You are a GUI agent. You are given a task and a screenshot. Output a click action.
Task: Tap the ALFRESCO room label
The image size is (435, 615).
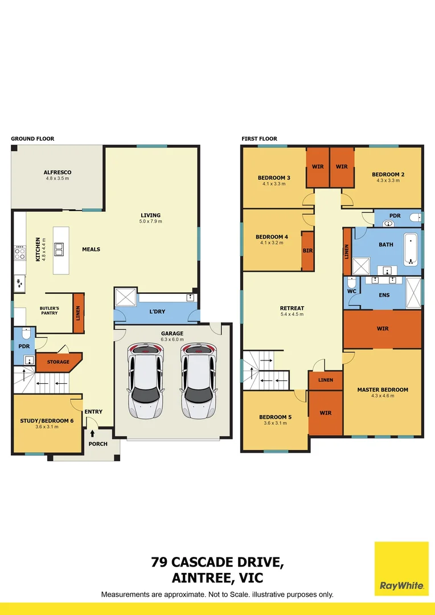pos(57,172)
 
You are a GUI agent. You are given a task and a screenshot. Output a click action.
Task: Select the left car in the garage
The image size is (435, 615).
pos(146,380)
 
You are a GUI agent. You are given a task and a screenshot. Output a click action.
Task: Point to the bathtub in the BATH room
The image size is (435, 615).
pos(411,249)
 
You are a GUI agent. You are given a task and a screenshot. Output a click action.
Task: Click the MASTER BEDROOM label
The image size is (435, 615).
pos(383,389)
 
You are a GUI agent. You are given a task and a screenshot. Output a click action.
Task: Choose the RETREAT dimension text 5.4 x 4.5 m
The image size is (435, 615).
pos(292,314)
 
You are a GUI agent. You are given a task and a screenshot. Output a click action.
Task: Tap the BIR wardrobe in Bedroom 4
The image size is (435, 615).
pos(308,251)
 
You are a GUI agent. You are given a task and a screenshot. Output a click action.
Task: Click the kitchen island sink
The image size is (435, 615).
pos(59,248)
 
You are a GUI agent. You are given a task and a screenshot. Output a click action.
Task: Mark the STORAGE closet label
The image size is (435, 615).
pos(58,362)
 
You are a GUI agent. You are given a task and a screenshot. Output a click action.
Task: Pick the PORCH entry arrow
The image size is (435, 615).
pos(92,433)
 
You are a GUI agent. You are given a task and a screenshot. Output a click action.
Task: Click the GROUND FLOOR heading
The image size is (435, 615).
pos(32,139)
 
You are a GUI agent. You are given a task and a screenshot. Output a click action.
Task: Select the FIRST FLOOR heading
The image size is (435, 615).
pos(259,139)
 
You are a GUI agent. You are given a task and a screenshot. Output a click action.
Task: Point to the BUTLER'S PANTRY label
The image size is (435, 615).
pos(50,310)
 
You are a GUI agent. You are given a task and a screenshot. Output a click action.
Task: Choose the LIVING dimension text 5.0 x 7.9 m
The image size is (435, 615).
pos(151,221)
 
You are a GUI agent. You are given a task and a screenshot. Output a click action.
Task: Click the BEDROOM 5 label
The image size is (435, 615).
pos(275,417)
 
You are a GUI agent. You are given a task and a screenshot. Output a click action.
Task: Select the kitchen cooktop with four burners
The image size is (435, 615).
pos(19,252)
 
